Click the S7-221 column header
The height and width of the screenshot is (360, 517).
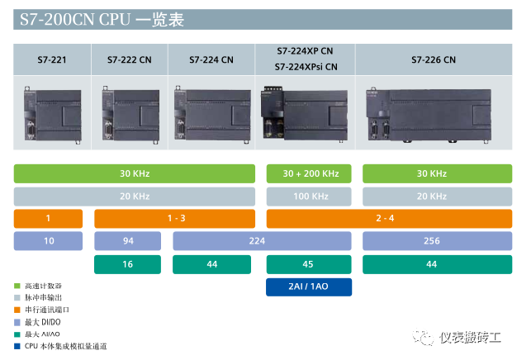pos(52,59)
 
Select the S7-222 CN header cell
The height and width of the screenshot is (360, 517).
pos(129,59)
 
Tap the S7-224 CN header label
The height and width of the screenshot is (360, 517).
pos(211,59)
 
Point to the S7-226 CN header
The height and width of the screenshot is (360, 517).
pos(434,59)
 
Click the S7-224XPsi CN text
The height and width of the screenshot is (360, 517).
pos(306,67)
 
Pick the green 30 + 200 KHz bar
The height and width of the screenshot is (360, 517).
pos(309,173)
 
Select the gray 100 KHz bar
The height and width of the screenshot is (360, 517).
pos(309,197)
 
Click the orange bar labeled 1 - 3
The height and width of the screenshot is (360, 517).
pos(175,218)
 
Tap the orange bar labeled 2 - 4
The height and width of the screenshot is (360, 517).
pos(389,218)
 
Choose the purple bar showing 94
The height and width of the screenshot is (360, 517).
pos(128,240)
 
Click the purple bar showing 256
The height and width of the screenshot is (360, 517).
pos(438,240)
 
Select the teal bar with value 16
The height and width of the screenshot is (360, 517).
pos(128,264)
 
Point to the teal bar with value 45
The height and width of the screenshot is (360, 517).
pos(309,264)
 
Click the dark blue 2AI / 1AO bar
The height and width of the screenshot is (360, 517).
pos(309,287)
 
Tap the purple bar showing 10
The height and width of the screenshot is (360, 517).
pos(48,240)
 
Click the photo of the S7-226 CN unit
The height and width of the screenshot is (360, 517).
pos(429,115)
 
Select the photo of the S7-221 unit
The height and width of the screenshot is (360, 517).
pos(52,115)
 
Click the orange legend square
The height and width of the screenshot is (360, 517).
pos(17,310)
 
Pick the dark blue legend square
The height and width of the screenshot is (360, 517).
pos(17,347)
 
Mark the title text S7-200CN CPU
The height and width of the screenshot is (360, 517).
pos(75,20)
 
